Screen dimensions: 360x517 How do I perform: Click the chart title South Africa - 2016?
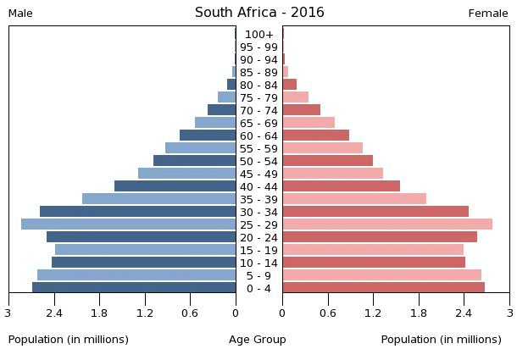(259, 13)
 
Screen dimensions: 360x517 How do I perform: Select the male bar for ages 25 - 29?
(129, 224)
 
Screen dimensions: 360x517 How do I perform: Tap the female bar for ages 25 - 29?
(387, 224)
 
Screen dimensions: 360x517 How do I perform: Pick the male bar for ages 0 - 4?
(134, 288)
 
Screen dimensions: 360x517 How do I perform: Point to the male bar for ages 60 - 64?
(208, 136)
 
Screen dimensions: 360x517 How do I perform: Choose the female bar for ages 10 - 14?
(374, 263)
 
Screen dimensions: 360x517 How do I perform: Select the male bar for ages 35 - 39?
(159, 199)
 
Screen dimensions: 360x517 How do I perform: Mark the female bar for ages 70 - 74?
(301, 110)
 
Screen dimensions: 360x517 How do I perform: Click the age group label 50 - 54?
(258, 161)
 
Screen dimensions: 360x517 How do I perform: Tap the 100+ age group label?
(258, 34)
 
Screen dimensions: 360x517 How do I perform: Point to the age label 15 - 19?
(258, 250)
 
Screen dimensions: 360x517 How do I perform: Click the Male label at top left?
(20, 14)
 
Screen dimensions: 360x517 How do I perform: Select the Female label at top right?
(488, 14)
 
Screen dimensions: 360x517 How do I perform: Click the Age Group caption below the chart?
(258, 340)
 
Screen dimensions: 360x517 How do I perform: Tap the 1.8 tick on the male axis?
(99, 313)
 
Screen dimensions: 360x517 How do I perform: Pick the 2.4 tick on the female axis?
(464, 313)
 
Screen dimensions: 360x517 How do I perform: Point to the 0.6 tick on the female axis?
(327, 313)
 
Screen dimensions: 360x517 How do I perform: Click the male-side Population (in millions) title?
(69, 340)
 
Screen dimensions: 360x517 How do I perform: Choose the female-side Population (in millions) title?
(441, 340)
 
